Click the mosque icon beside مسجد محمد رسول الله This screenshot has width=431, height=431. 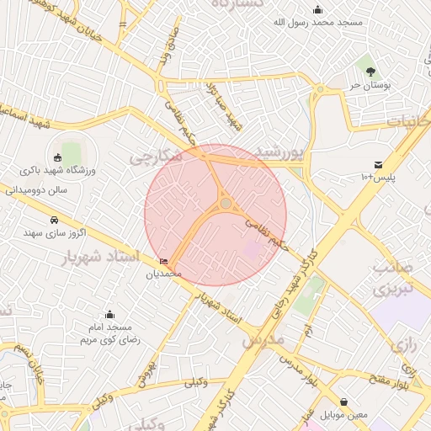click(x=317, y=10)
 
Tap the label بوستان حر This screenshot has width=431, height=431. click(x=368, y=85)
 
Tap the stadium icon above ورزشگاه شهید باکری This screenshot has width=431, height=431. click(x=57, y=157)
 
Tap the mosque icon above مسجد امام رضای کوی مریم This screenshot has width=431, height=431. click(x=109, y=315)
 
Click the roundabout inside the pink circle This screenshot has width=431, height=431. click(x=226, y=203)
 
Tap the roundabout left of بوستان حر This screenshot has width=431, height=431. click(x=320, y=88)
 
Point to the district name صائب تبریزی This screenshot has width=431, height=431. click(x=394, y=280)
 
